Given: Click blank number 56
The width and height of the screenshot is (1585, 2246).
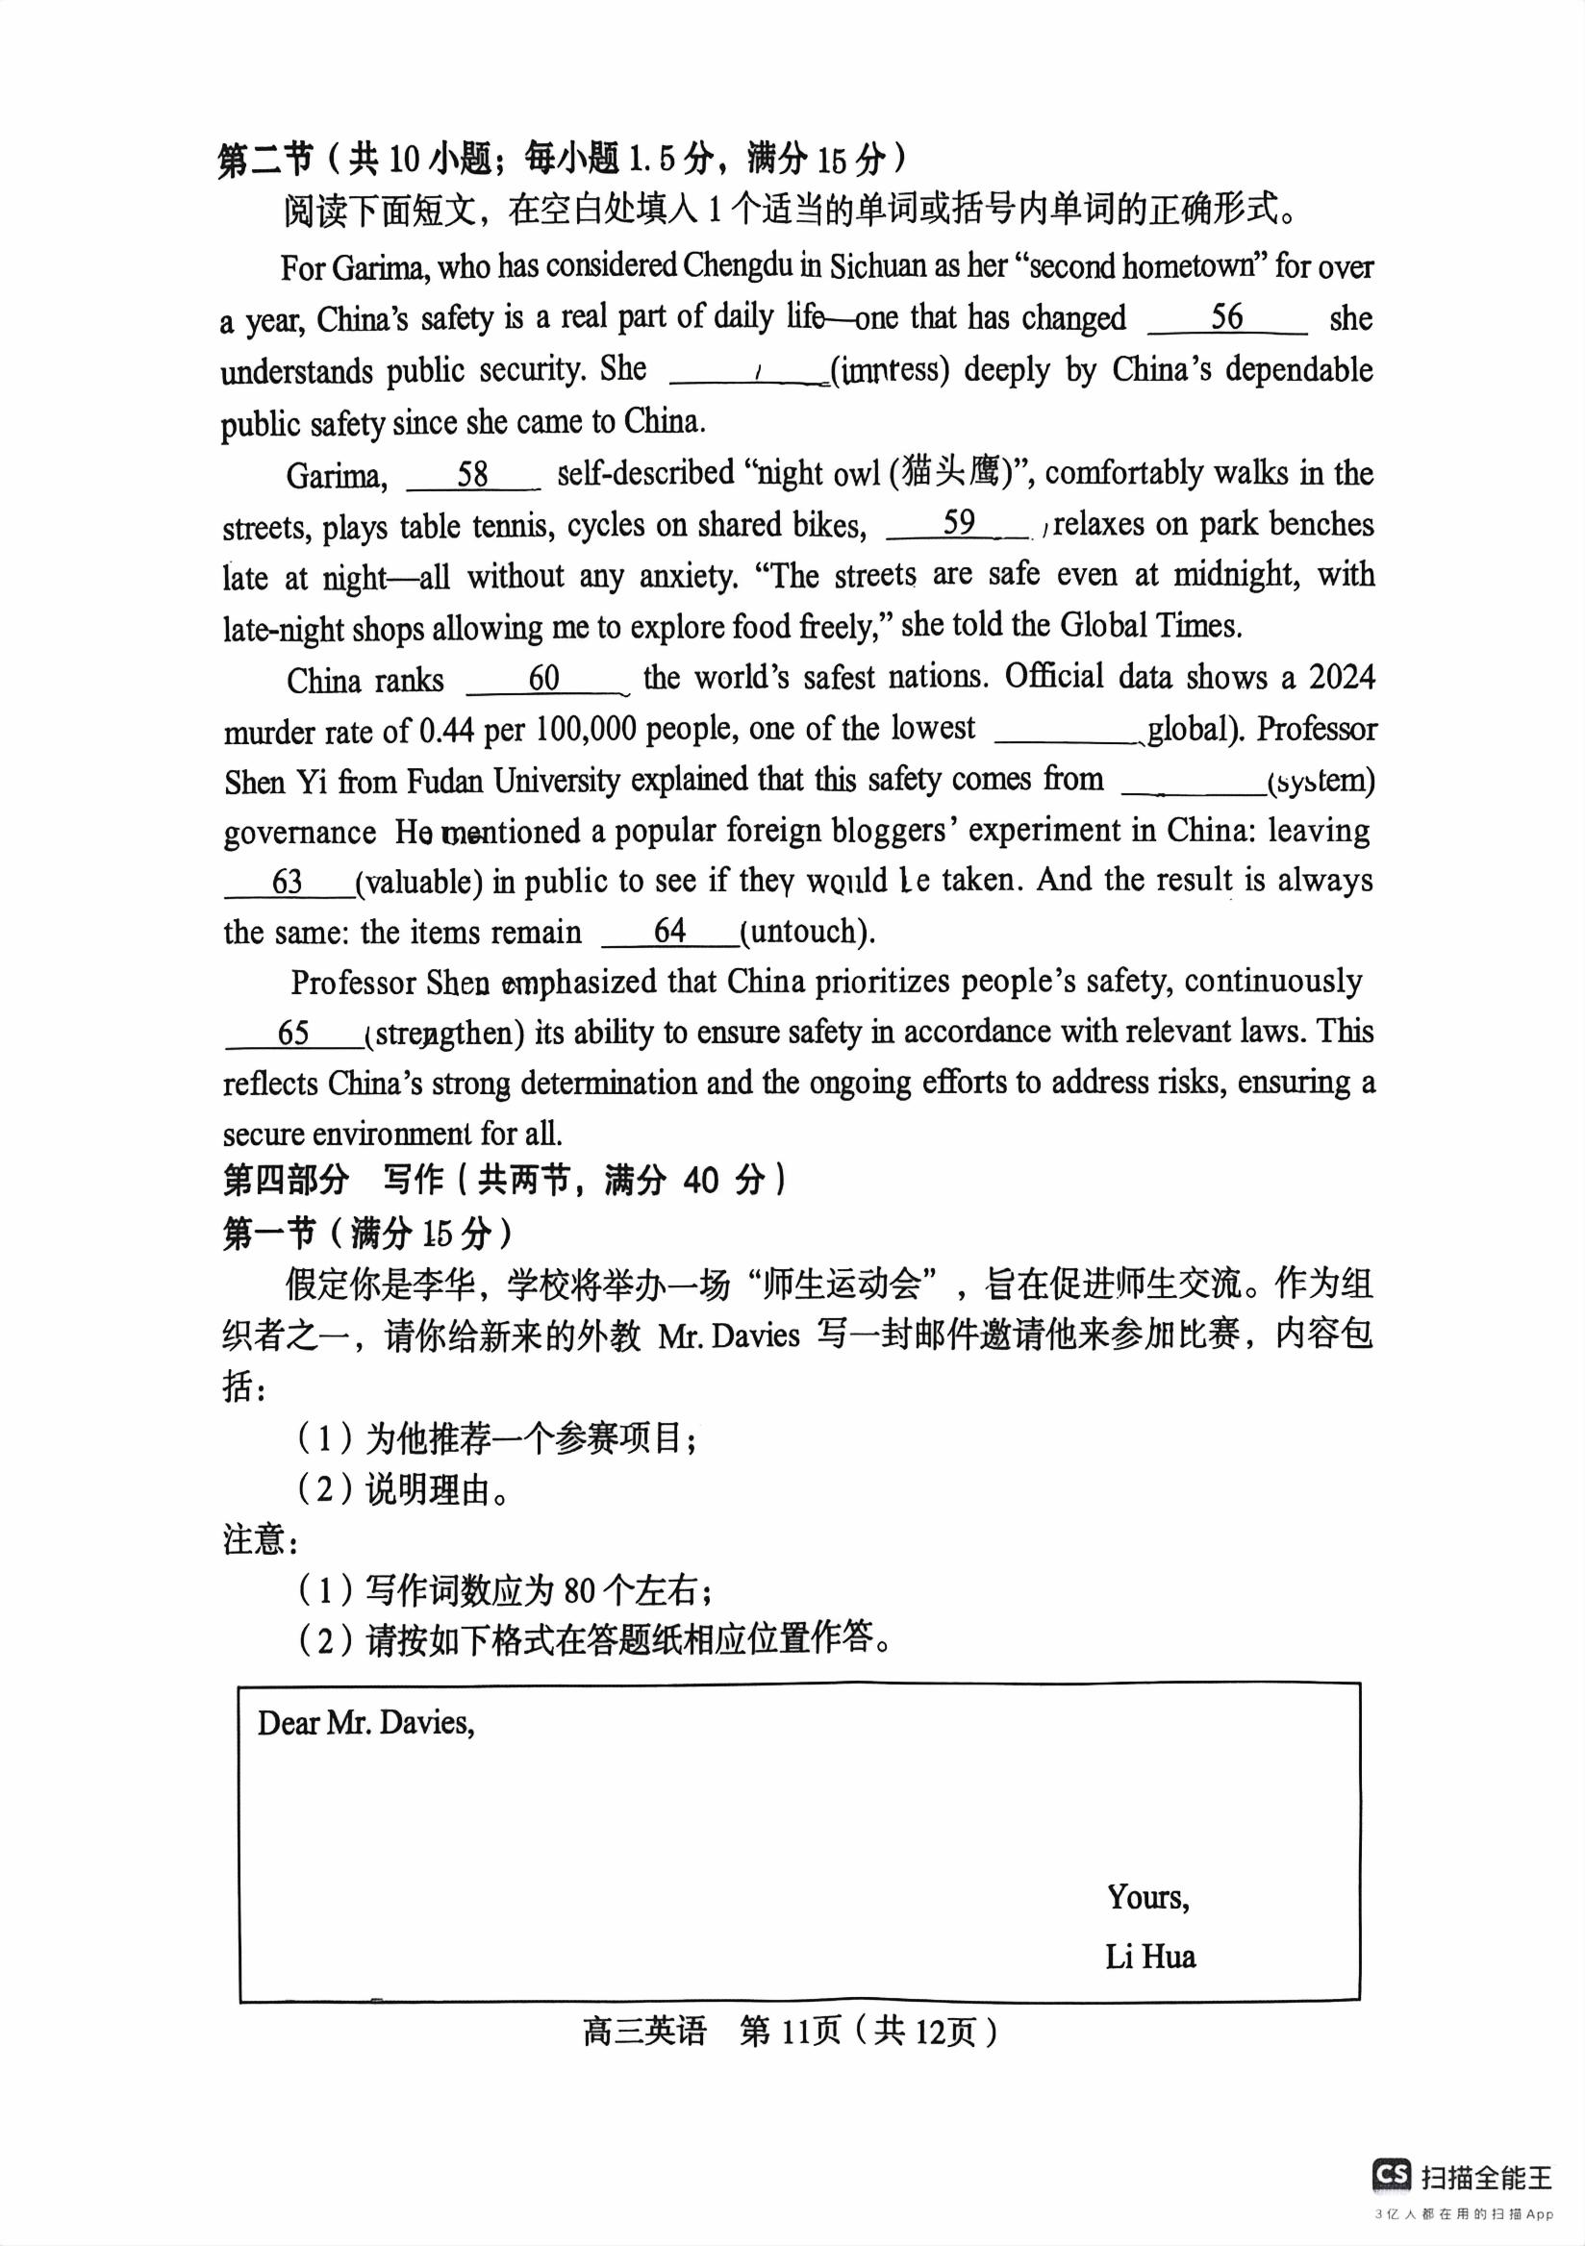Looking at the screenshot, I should [x=1227, y=318].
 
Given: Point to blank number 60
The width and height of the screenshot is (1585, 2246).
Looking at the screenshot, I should [x=544, y=678].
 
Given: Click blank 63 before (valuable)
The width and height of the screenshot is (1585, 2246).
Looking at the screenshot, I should [x=288, y=882].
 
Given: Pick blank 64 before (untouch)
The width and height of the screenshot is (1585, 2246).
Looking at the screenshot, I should [x=670, y=932].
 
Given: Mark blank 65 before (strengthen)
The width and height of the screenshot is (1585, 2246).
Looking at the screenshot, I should [x=293, y=1033].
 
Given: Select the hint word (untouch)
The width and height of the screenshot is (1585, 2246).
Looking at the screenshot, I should [x=807, y=933].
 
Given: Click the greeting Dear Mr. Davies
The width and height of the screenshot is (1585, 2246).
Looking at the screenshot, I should [x=365, y=1723].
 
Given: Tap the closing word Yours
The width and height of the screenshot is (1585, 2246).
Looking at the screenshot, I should [x=1147, y=1899].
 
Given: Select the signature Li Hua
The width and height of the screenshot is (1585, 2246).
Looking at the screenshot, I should [x=1149, y=1958].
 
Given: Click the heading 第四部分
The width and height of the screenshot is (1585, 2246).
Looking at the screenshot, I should [x=286, y=1181].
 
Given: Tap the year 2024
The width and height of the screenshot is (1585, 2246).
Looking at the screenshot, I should [x=1342, y=678].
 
